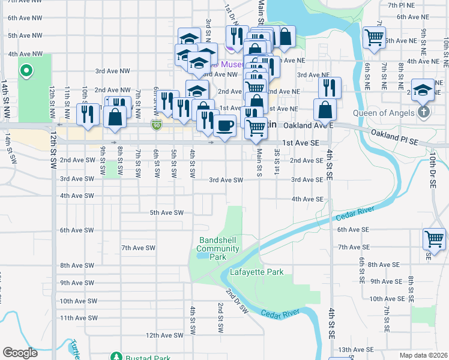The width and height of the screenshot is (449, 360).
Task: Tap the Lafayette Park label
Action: click(256, 272)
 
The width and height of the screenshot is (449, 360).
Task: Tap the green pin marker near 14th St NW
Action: click(25, 71)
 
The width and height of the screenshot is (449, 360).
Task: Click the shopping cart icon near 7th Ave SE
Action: click(434, 239)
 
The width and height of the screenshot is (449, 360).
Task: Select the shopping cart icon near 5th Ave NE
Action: click(375, 37)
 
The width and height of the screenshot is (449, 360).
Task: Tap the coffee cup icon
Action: click(224, 126)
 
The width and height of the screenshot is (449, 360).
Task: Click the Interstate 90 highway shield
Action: click(156, 124)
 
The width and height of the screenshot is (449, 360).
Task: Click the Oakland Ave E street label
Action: click(308, 125)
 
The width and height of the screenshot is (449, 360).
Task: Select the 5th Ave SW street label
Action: click(166, 212)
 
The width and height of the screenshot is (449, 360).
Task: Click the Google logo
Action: click(20, 352)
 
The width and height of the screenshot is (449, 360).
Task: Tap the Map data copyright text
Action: click(423, 355)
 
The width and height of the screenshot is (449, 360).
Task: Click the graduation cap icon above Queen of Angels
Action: click(423, 89)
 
